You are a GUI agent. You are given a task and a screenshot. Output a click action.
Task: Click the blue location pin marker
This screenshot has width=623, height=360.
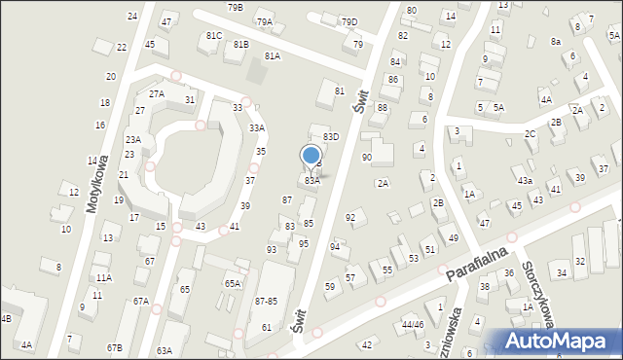[311, 157]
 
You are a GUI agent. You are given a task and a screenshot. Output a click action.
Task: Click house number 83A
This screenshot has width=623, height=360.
[311, 181]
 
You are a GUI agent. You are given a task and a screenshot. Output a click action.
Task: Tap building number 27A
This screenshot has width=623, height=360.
[156, 93]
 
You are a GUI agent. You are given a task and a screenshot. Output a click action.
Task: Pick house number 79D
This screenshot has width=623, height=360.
[348, 22]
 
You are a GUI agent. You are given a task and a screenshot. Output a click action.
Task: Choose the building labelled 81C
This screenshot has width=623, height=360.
[214, 36]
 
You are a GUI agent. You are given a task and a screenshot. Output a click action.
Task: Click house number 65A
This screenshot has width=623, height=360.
[233, 283]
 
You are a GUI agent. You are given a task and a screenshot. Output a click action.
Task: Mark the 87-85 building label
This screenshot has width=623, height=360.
[266, 301]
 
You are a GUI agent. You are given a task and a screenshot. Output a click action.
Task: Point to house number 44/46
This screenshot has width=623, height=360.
[413, 324]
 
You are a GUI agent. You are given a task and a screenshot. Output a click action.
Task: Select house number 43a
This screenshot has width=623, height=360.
[524, 181]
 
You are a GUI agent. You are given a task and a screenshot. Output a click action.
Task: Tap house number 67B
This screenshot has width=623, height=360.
[115, 347]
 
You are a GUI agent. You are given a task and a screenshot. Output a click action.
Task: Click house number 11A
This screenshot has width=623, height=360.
[103, 277]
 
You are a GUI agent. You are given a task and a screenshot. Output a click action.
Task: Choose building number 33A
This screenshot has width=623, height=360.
[256, 127]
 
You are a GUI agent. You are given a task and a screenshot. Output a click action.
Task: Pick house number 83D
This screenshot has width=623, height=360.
[331, 137]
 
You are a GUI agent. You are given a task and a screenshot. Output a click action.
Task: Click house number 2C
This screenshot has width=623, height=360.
[530, 133]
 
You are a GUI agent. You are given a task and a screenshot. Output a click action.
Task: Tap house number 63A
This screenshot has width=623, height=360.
[165, 350]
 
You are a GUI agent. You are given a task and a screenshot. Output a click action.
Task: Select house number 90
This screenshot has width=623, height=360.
[366, 157]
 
